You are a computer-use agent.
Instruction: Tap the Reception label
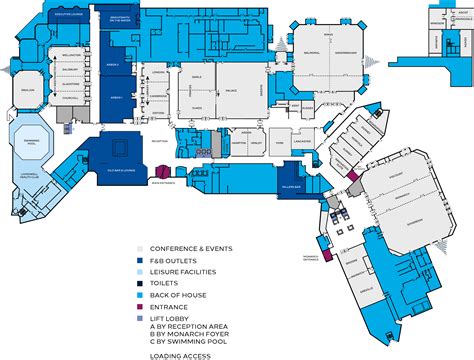click(x=160, y=140)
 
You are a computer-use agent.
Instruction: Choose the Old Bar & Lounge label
click(x=119, y=173)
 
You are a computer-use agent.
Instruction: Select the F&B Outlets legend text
click(x=173, y=258)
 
